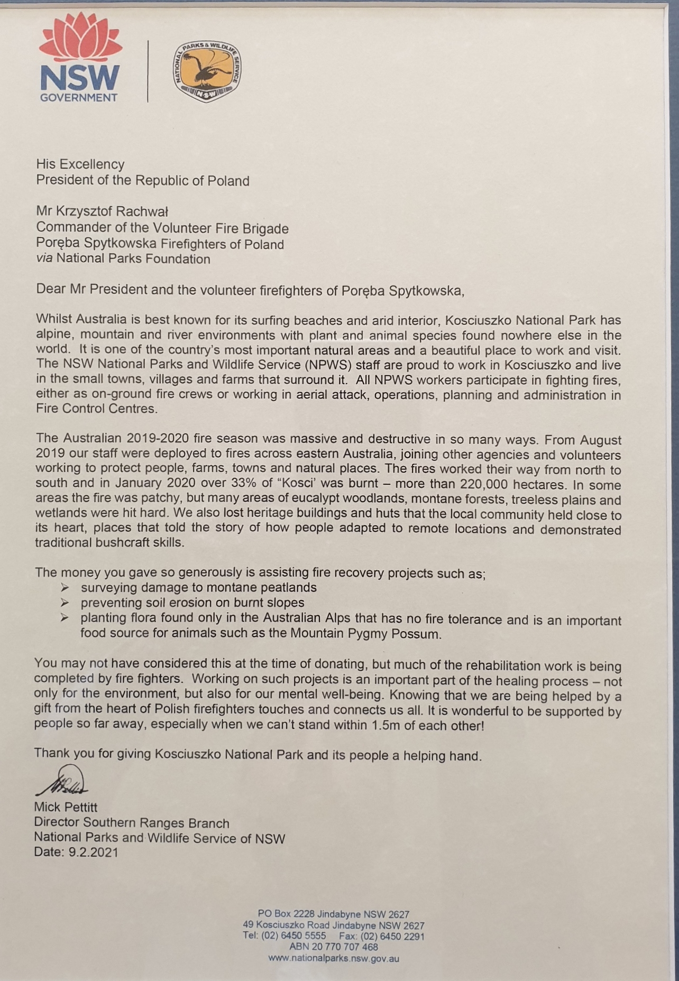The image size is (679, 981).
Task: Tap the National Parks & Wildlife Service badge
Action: point(207,70)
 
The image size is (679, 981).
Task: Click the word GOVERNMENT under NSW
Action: point(79,98)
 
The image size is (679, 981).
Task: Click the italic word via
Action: point(44,259)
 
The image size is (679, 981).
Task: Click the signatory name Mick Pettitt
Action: point(66,807)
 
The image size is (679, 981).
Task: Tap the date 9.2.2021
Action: point(93,852)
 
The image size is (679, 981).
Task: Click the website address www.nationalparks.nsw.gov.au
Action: point(333,958)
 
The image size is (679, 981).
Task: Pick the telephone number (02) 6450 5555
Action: point(293,936)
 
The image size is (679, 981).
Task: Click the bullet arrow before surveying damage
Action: point(65,587)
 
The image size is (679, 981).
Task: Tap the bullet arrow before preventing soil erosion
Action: point(65,603)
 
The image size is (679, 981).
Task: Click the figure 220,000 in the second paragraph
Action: point(483,484)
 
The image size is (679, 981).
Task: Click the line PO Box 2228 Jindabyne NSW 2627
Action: point(333,914)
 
